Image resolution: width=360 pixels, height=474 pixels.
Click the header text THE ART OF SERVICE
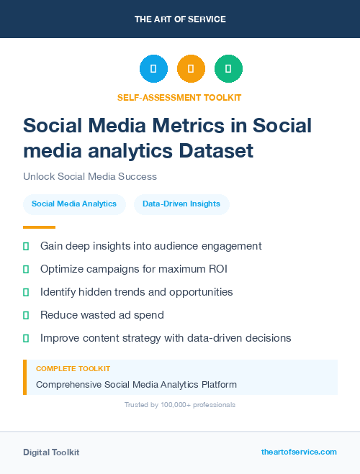[x=180, y=19]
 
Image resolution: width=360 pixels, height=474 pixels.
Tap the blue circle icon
[x=153, y=69]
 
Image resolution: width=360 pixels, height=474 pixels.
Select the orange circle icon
[x=191, y=69]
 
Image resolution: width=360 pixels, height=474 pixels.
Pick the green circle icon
[x=228, y=69]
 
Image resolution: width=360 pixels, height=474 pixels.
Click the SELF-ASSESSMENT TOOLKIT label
[x=179, y=97]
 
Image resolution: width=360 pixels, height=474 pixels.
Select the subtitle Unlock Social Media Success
[x=90, y=176]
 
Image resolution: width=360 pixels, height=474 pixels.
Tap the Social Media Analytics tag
[x=74, y=204]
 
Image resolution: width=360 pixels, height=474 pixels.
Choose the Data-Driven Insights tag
[x=181, y=204]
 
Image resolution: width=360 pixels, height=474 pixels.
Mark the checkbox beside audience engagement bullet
[x=26, y=246]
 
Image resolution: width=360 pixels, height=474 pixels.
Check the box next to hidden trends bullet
[x=26, y=292]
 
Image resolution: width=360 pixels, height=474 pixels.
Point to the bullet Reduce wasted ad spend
[x=102, y=315]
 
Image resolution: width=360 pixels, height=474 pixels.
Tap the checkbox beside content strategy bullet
[x=26, y=337]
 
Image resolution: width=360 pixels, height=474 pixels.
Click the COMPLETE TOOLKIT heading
[x=73, y=368]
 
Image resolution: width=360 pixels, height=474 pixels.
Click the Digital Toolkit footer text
[x=51, y=452]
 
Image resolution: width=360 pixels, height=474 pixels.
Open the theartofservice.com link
[x=299, y=452]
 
